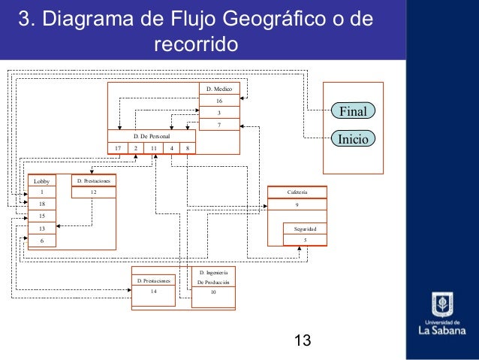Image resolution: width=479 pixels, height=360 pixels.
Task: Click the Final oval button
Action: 353,112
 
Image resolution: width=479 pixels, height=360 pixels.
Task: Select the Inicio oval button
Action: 353,139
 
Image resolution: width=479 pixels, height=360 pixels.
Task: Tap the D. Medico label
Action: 219,89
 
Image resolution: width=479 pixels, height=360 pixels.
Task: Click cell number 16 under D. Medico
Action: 219,101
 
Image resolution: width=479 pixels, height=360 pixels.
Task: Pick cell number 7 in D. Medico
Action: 219,124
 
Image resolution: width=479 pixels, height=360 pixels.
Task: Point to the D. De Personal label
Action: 151,136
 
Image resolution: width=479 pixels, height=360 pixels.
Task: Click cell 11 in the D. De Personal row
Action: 153,148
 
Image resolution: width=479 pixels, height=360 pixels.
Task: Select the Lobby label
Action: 41,181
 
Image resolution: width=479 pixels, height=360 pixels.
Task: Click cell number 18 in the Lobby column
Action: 42,204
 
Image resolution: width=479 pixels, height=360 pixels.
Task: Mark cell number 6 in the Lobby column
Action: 42,241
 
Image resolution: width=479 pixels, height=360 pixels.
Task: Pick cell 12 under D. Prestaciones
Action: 93,192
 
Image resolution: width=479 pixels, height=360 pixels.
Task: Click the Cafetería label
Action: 297,192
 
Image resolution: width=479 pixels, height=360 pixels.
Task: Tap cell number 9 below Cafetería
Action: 297,204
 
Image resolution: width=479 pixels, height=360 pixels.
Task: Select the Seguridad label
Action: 305,228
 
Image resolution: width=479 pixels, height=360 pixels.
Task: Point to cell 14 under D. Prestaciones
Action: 154,291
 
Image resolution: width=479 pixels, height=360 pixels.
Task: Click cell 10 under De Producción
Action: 213,291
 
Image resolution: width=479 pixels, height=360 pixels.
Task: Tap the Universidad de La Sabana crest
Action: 441,304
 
